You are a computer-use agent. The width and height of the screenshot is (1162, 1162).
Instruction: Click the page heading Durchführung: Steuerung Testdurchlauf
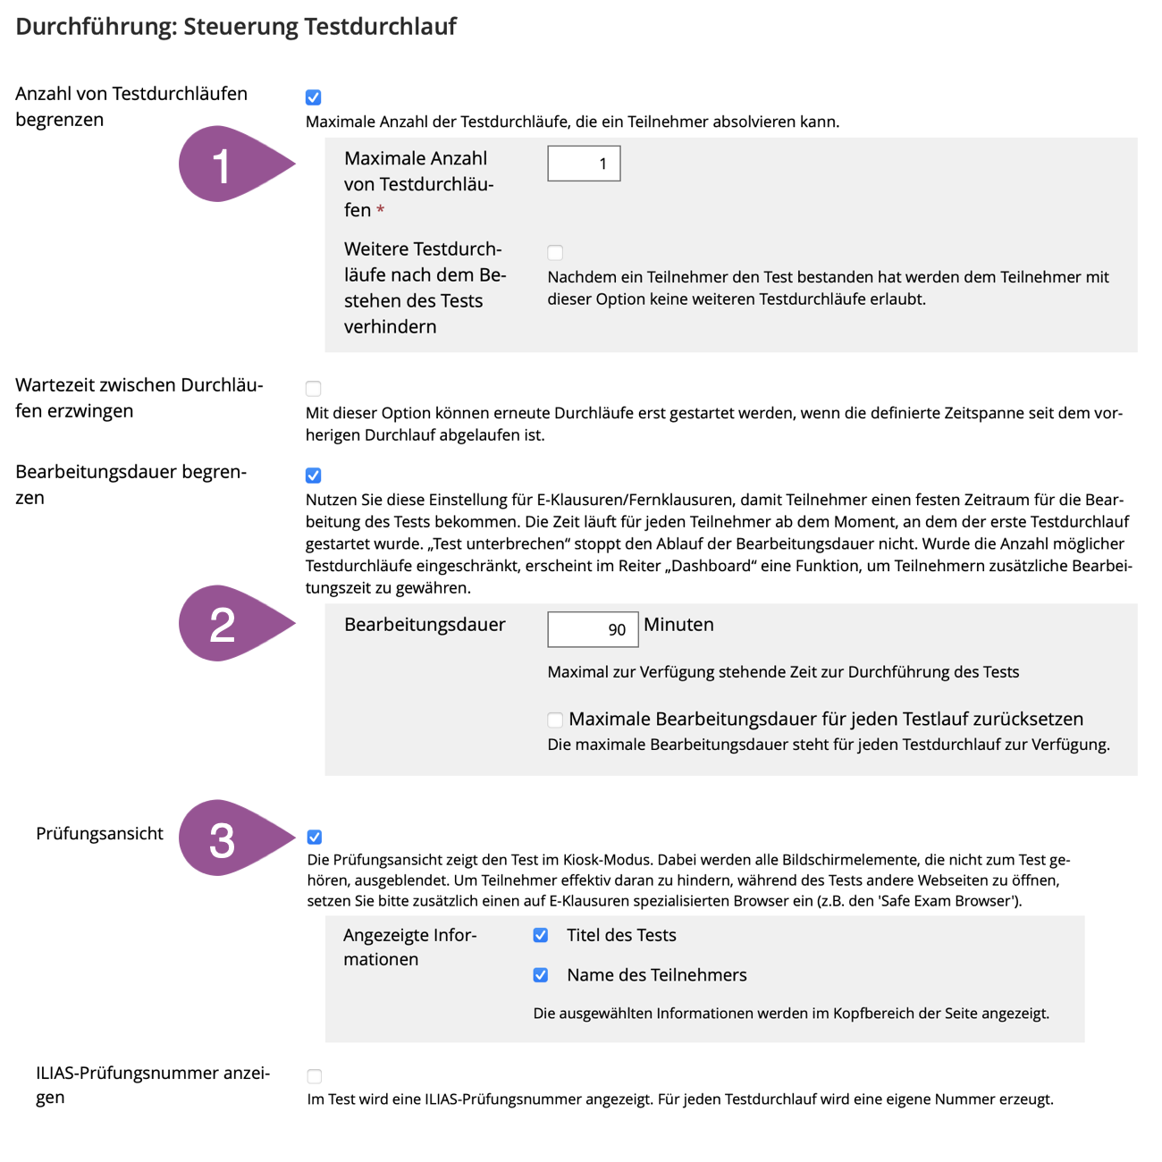pos(236,27)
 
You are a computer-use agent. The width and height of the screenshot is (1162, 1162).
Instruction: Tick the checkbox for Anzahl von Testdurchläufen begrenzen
pos(314,97)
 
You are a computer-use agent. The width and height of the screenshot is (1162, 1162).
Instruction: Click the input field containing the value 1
pos(584,164)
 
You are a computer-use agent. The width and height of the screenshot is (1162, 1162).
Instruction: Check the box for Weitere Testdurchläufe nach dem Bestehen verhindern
pos(555,252)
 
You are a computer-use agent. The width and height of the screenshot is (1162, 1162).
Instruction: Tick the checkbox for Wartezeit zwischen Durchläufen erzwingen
pos(314,389)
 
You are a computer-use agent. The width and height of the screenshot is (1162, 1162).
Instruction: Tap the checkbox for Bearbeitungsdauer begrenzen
pos(314,476)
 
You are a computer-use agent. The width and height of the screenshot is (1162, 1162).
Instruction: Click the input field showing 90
pos(593,629)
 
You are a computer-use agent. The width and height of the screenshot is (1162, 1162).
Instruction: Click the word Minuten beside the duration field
pos(678,625)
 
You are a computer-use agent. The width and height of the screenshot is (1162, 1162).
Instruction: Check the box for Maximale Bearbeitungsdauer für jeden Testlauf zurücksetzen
pos(555,720)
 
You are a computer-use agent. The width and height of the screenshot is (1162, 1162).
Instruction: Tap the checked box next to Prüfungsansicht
pos(315,838)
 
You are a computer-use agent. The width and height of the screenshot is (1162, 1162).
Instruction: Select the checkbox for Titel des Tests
pos(541,936)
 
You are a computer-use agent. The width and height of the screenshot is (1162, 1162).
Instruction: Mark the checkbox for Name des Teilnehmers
pos(541,975)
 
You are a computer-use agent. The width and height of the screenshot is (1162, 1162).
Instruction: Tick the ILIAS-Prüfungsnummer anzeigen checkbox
pos(315,1076)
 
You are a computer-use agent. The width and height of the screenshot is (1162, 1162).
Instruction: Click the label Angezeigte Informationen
pos(409,947)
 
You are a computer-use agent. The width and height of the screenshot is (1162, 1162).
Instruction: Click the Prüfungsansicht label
pos(99,834)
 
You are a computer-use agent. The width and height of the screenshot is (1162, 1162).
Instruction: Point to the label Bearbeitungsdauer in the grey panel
pos(425,625)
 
